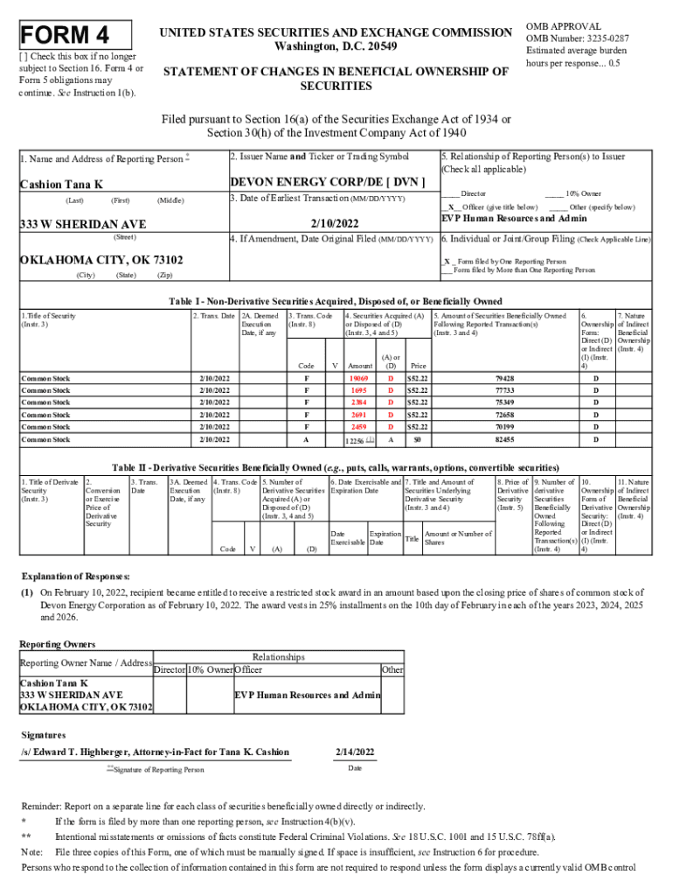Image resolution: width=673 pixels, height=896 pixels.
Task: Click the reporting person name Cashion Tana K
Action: [x=61, y=184]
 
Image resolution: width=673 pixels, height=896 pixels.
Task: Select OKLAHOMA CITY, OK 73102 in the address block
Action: [x=101, y=260]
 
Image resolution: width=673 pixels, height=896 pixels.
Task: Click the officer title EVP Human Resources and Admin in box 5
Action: [x=514, y=218]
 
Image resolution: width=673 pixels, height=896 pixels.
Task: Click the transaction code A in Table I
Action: [x=306, y=439]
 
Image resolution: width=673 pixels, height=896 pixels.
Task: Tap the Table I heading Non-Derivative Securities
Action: [x=336, y=301]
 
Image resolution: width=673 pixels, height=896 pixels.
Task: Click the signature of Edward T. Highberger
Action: [x=155, y=752]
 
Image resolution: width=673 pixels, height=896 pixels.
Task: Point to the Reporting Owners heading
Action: [x=58, y=644]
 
